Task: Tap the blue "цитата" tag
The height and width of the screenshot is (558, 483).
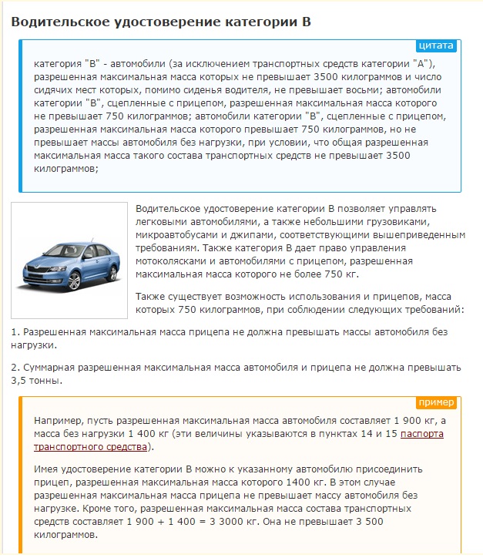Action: tap(436, 45)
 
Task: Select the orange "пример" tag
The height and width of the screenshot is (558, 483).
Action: tap(437, 402)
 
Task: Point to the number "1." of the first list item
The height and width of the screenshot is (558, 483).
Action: tap(15, 332)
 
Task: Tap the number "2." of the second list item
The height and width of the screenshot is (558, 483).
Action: tap(15, 368)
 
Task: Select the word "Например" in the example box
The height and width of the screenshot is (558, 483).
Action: tap(59, 421)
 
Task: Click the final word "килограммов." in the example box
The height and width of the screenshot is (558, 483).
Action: tap(66, 536)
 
